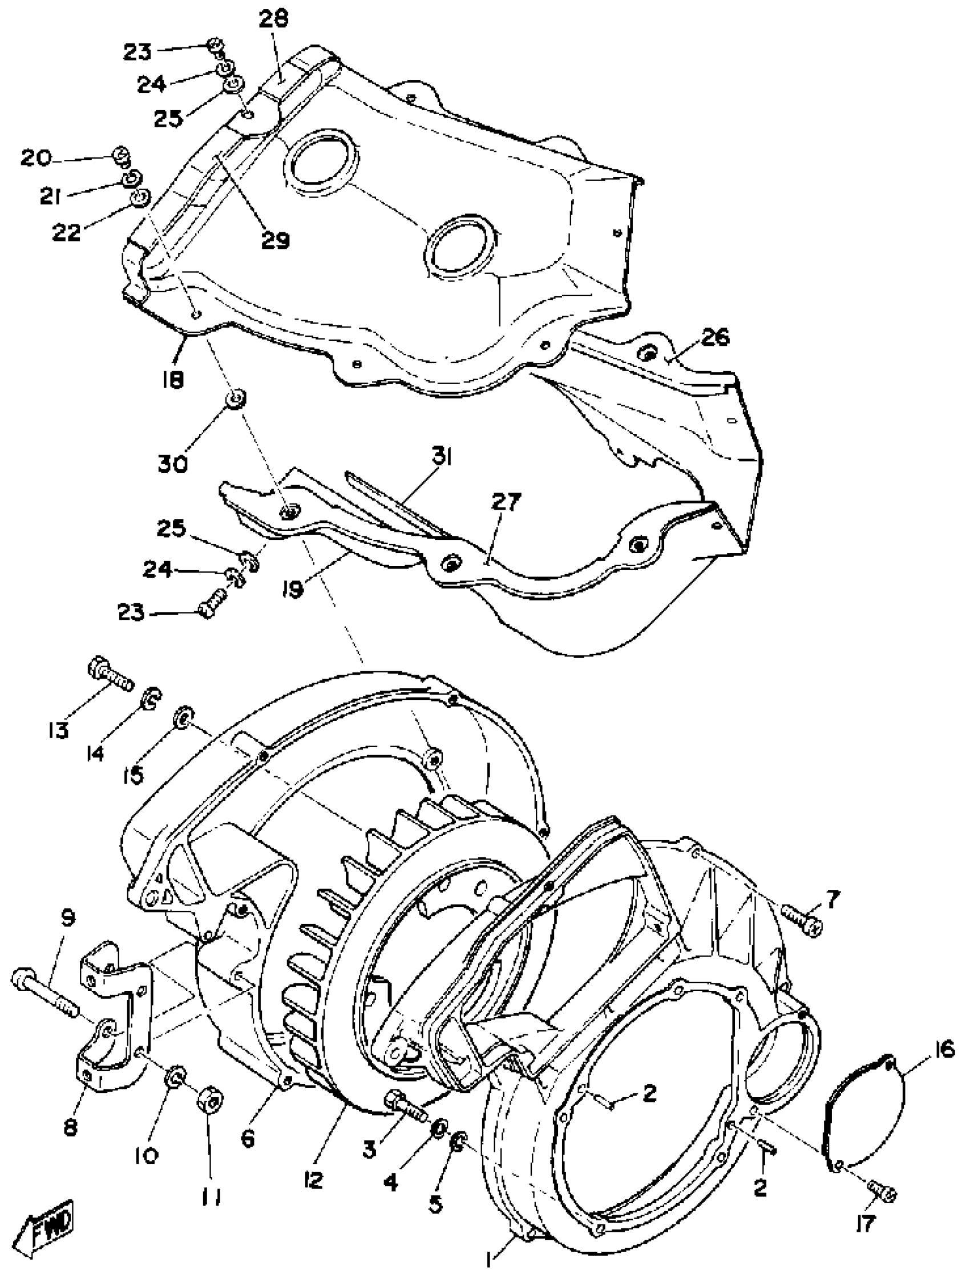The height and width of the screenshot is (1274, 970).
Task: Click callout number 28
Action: pos(274,20)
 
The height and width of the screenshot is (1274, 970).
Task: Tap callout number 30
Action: pos(173,463)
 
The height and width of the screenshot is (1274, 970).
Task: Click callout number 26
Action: pos(715,337)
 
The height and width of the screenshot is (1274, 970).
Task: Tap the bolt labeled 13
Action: pos(110,675)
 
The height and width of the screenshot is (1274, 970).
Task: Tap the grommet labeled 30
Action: pos(236,399)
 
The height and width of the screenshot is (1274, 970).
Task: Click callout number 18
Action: pos(173,380)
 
